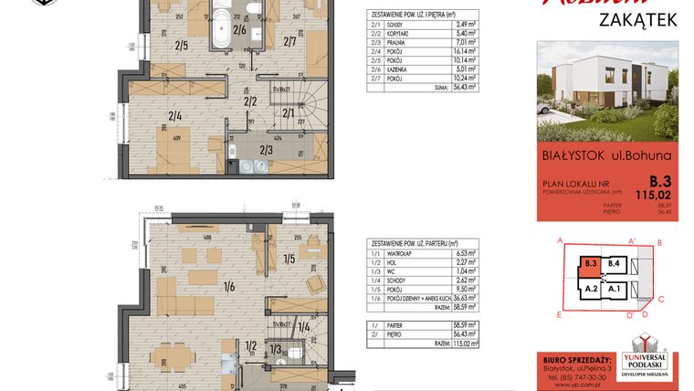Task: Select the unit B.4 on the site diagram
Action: coord(615,264)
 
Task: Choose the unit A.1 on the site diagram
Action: coord(615,289)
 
